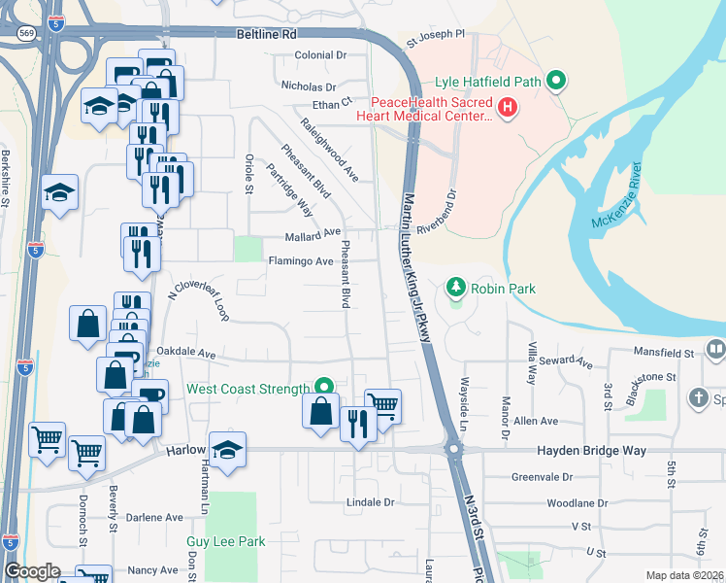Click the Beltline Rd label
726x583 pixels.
click(x=266, y=34)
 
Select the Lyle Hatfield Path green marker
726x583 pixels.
click(x=556, y=80)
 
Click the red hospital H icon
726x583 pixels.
click(x=505, y=106)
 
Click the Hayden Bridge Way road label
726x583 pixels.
click(x=591, y=451)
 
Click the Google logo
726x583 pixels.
click(x=32, y=571)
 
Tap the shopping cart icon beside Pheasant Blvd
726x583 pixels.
click(x=383, y=406)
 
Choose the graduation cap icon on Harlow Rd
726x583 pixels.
click(x=228, y=451)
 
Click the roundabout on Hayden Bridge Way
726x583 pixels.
click(x=452, y=450)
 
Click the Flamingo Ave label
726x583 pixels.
click(x=301, y=261)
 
